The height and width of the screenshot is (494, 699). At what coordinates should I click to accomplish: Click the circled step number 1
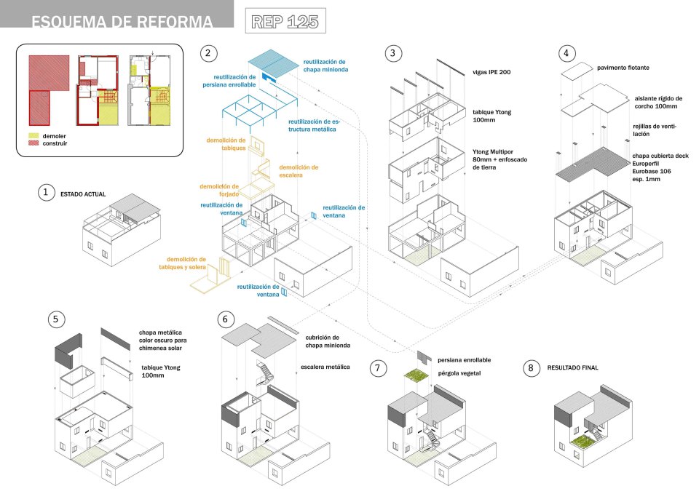click(47, 192)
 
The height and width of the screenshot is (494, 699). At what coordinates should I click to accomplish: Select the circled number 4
click(566, 53)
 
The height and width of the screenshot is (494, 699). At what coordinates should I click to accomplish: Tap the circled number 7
click(377, 368)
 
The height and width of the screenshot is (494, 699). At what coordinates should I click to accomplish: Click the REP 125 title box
click(285, 21)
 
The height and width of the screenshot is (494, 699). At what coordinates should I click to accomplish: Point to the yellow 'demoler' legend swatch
click(33, 135)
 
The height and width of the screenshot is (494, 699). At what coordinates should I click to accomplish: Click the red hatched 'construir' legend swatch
click(33, 143)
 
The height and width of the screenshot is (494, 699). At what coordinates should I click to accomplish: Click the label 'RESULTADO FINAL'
click(572, 368)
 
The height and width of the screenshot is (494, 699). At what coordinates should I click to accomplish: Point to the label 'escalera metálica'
click(325, 367)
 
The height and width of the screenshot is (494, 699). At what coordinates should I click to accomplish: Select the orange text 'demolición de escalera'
click(299, 170)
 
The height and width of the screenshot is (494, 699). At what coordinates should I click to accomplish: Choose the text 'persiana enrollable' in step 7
click(464, 359)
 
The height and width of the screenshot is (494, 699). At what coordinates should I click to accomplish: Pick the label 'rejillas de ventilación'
click(655, 130)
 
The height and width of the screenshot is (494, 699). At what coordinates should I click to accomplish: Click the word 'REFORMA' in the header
click(173, 23)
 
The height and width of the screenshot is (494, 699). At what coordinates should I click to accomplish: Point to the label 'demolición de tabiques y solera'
click(186, 263)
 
